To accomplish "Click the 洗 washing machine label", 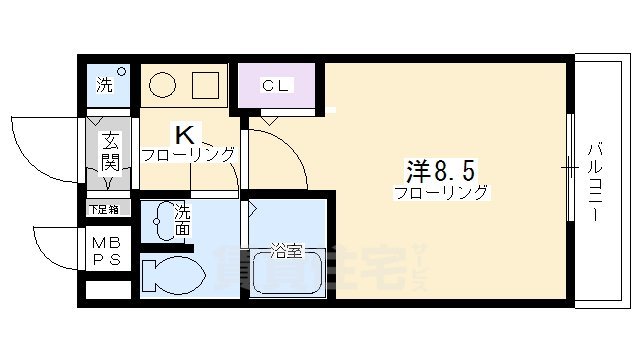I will (104, 86).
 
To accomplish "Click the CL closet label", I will (275, 86).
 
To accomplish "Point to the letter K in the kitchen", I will (185, 134).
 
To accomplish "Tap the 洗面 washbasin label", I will (183, 220).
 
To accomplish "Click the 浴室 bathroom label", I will (288, 251).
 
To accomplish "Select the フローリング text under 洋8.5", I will (441, 191).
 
